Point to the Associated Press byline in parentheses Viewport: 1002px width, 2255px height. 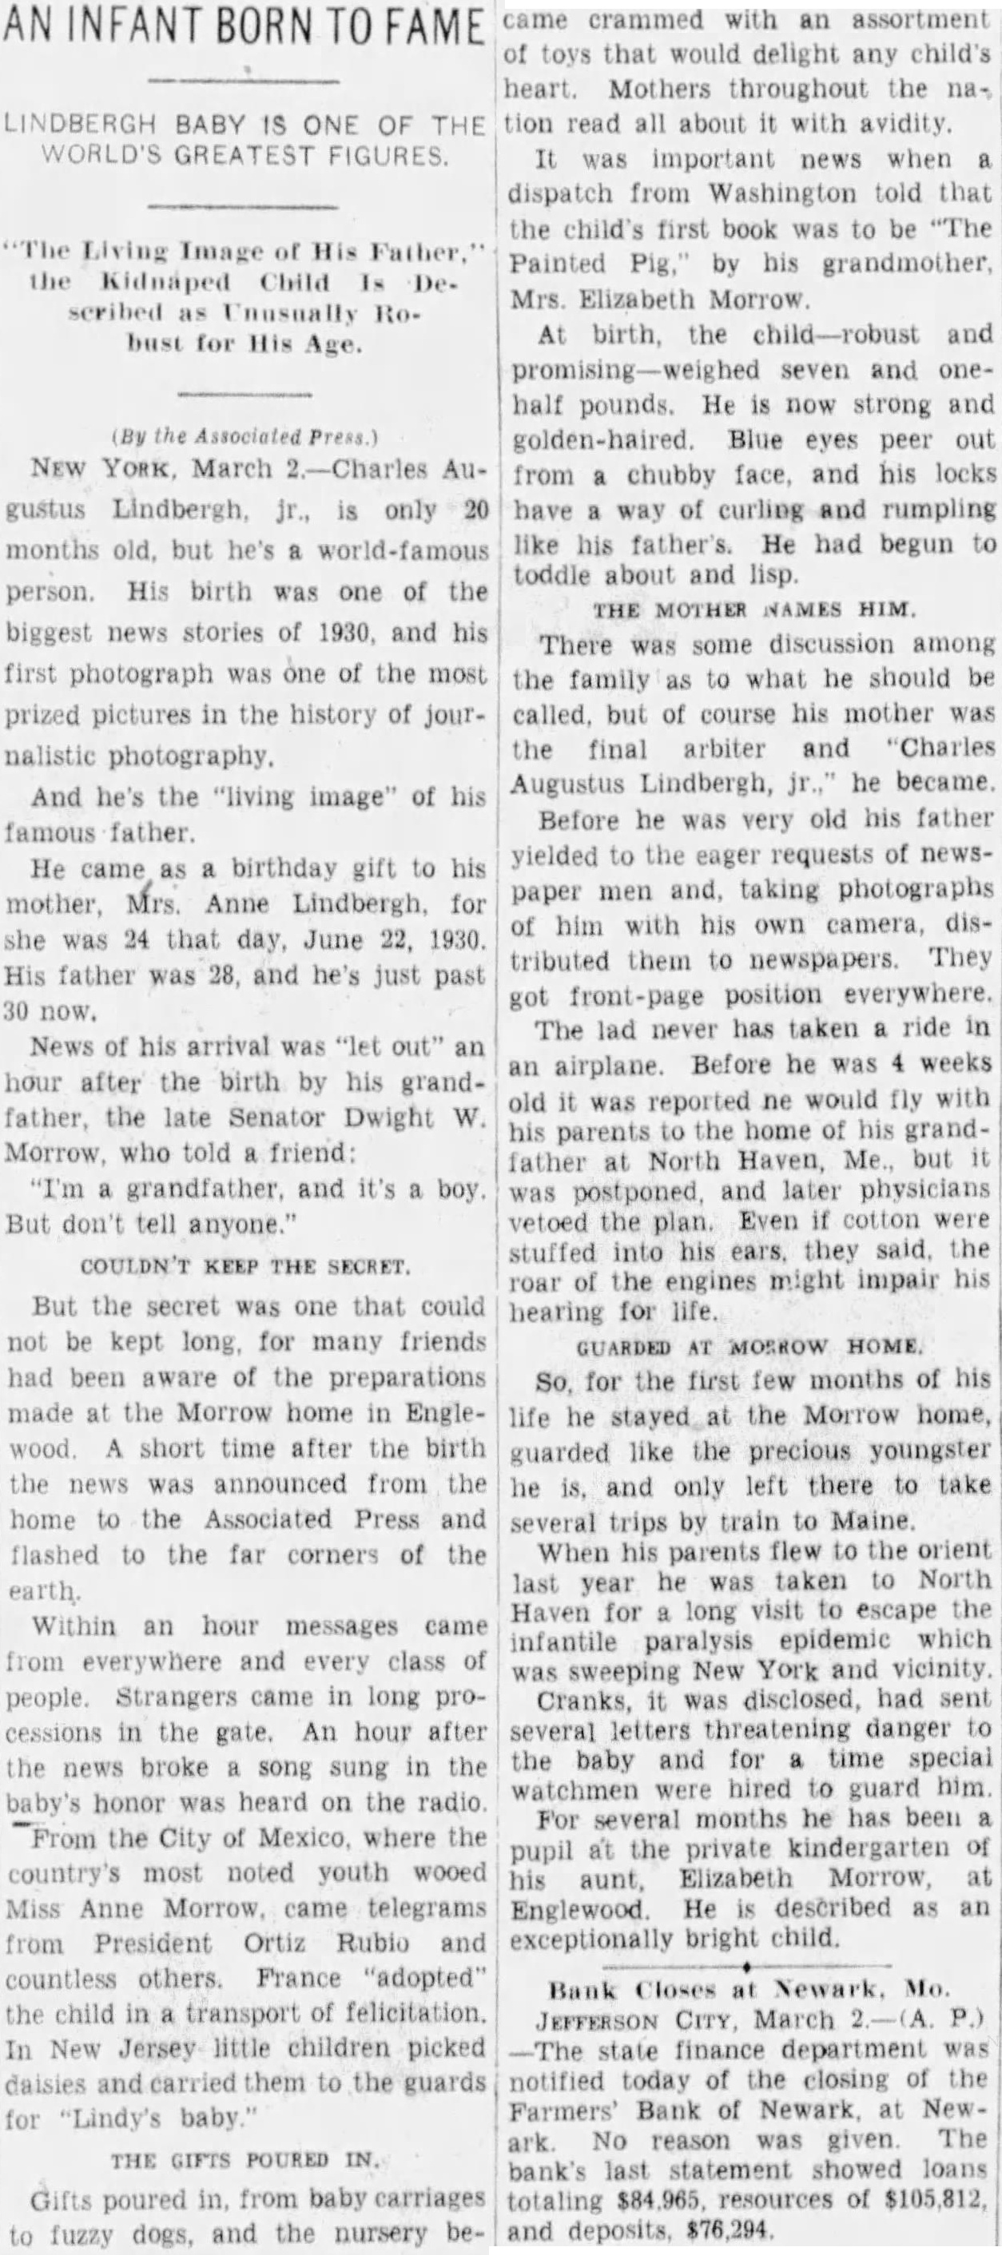pyautogui.click(x=245, y=435)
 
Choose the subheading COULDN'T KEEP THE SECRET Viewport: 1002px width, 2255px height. pyautogui.click(x=245, y=1267)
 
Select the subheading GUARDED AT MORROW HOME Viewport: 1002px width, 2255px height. pyautogui.click(x=750, y=1348)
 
